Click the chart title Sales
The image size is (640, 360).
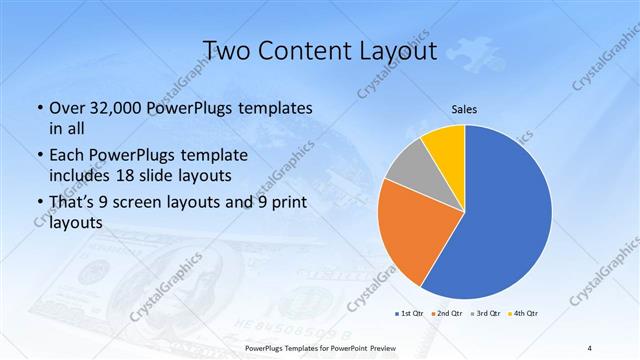click(x=464, y=108)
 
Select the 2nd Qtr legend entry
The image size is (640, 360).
click(x=448, y=313)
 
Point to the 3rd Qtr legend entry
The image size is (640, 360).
click(x=485, y=313)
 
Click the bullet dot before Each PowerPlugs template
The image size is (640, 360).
click(x=39, y=156)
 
